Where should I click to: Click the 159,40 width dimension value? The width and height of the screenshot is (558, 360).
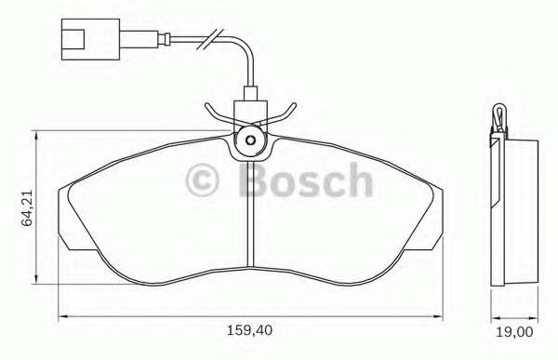point(249,330)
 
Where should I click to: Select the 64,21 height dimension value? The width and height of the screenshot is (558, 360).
point(27,208)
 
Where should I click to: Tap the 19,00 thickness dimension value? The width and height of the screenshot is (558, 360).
point(514,332)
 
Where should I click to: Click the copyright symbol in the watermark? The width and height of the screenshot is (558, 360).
point(202,180)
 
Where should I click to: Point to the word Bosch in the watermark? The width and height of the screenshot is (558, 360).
point(306,180)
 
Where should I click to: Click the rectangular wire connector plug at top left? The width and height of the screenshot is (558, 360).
point(90,39)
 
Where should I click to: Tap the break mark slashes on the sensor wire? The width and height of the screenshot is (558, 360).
point(210,39)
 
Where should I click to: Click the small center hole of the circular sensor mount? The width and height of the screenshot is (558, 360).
point(250,140)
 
